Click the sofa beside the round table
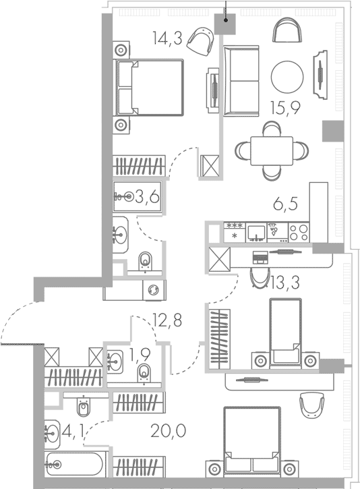pos(241,81)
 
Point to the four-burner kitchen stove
pos(299,232)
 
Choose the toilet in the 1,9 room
pos(144,372)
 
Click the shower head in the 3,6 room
pos(122,197)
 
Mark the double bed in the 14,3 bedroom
pos(150,87)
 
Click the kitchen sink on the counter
pos(256,232)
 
